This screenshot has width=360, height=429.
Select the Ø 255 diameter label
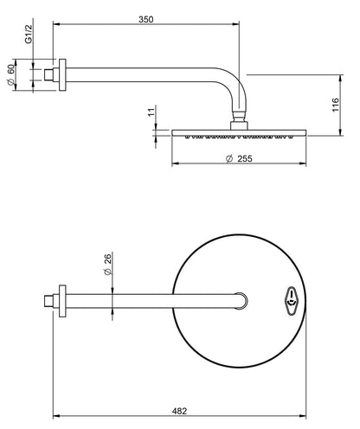pos(238,158)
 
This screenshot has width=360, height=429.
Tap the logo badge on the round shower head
pos(292,298)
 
